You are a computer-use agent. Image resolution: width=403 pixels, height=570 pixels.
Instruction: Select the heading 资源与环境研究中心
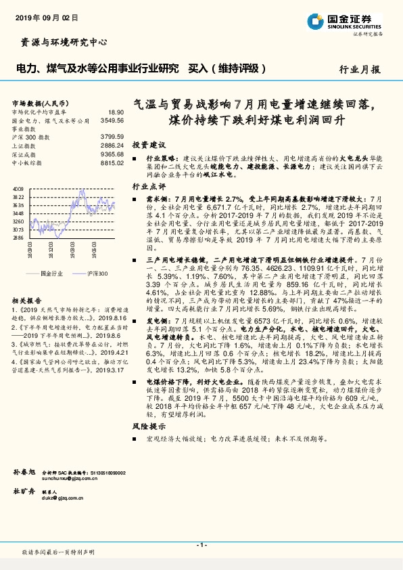point(60,42)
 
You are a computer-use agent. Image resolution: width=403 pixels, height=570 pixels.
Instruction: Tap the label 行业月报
point(359,69)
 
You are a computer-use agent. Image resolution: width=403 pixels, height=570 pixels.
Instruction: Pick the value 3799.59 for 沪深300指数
point(112,136)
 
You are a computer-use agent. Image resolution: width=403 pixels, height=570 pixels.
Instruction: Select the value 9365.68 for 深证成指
point(112,154)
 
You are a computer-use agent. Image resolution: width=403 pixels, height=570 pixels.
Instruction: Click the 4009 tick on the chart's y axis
point(18,189)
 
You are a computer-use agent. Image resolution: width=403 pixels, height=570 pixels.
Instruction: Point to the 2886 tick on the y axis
point(18,238)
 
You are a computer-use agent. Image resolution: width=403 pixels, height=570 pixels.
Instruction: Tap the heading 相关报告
point(27,300)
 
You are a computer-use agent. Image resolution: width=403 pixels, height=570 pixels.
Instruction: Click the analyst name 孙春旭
point(24,470)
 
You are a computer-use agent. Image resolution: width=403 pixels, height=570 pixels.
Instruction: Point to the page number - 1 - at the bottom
point(201,544)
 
